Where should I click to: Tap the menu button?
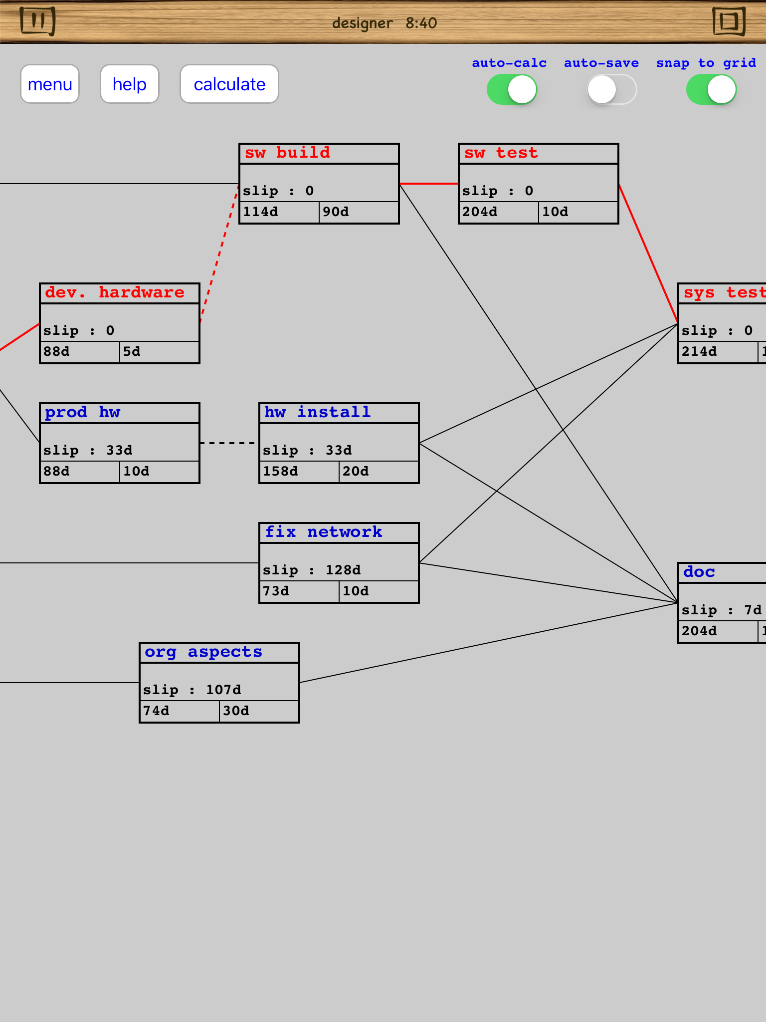click(50, 84)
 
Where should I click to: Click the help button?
click(130, 84)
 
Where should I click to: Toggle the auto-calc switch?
click(512, 90)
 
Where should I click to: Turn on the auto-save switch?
click(611, 90)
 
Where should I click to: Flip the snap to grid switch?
click(711, 90)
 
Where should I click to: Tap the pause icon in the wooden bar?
click(38, 21)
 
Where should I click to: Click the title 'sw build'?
click(287, 153)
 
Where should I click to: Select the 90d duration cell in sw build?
click(358, 212)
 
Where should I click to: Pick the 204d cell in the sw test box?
click(498, 212)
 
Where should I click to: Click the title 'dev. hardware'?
click(115, 292)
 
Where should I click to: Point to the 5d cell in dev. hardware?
click(159, 352)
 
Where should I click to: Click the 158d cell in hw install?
click(298, 472)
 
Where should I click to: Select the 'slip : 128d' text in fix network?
click(312, 570)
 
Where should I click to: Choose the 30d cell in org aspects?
click(258, 711)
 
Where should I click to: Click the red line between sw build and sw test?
click(429, 184)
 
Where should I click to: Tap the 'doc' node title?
click(699, 572)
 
